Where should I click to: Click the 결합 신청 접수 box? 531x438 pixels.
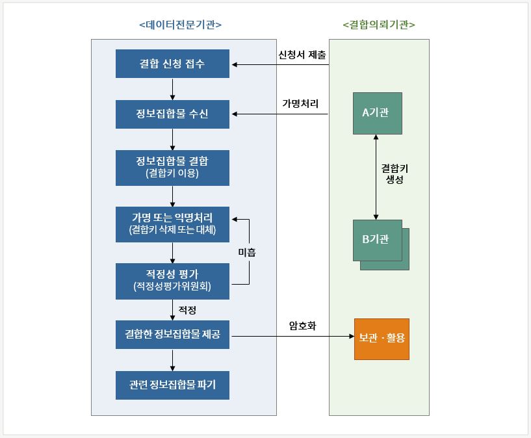(172, 64)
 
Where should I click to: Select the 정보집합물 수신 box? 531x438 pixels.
(172, 114)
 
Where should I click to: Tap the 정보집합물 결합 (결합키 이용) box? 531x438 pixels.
(172, 168)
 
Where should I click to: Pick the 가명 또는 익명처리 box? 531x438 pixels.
(172, 224)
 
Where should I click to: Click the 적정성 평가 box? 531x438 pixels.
(172, 281)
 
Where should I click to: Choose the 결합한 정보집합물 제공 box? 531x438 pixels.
(172, 335)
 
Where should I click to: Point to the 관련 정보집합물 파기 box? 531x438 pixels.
(172, 385)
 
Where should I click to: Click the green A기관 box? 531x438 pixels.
(378, 113)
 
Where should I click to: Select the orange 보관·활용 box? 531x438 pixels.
(382, 339)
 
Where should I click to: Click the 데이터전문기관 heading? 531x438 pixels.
(181, 25)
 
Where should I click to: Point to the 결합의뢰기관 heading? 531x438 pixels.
(379, 25)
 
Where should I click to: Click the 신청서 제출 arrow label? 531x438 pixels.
(302, 55)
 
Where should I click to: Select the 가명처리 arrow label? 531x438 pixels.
(300, 103)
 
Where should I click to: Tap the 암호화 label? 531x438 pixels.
(302, 326)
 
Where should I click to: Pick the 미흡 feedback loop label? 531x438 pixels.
(247, 252)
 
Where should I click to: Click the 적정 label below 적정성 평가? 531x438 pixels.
(187, 310)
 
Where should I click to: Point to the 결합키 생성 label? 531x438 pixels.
(395, 174)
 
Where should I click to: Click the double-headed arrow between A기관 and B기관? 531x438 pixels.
(376, 177)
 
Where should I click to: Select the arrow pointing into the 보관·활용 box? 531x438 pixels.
(292, 336)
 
